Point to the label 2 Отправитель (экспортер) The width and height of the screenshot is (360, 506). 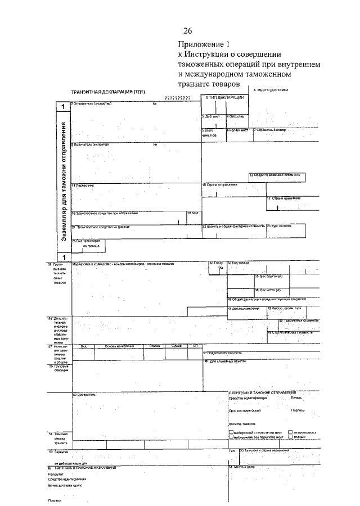point(91,103)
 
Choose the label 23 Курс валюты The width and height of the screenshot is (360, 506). point(280,226)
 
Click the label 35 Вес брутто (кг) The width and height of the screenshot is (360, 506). point(271,276)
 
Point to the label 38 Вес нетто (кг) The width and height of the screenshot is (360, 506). point(271,290)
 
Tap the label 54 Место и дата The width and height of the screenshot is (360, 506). point(242,467)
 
